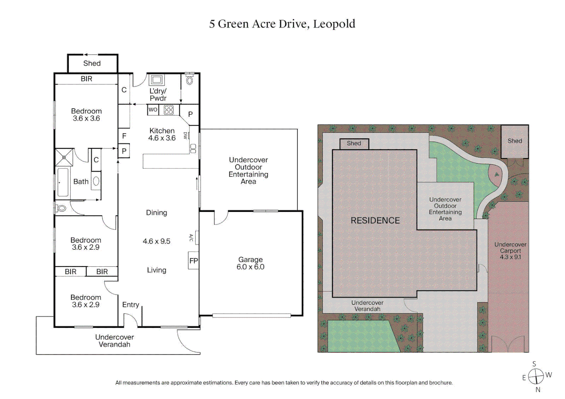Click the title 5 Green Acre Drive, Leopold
coord(282,24)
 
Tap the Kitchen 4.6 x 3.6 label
coord(162,134)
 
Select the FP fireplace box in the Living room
coord(193,261)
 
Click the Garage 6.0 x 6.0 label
coord(250,263)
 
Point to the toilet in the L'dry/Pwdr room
coord(190,80)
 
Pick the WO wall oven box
coord(153,110)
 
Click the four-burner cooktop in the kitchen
coord(169,110)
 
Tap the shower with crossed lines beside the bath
coord(64,157)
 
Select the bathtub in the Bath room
coord(62,182)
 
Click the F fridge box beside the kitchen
coord(124,136)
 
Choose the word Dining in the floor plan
coord(156,213)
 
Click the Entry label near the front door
coord(131,305)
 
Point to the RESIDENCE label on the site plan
coord(375,221)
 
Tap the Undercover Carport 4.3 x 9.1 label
coord(510,251)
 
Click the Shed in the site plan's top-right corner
coord(515,141)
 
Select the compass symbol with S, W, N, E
coord(536,376)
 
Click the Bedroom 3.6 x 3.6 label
coord(86,115)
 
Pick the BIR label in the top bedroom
coord(87,79)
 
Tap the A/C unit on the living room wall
coord(197,238)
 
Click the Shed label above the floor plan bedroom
coord(92,64)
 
